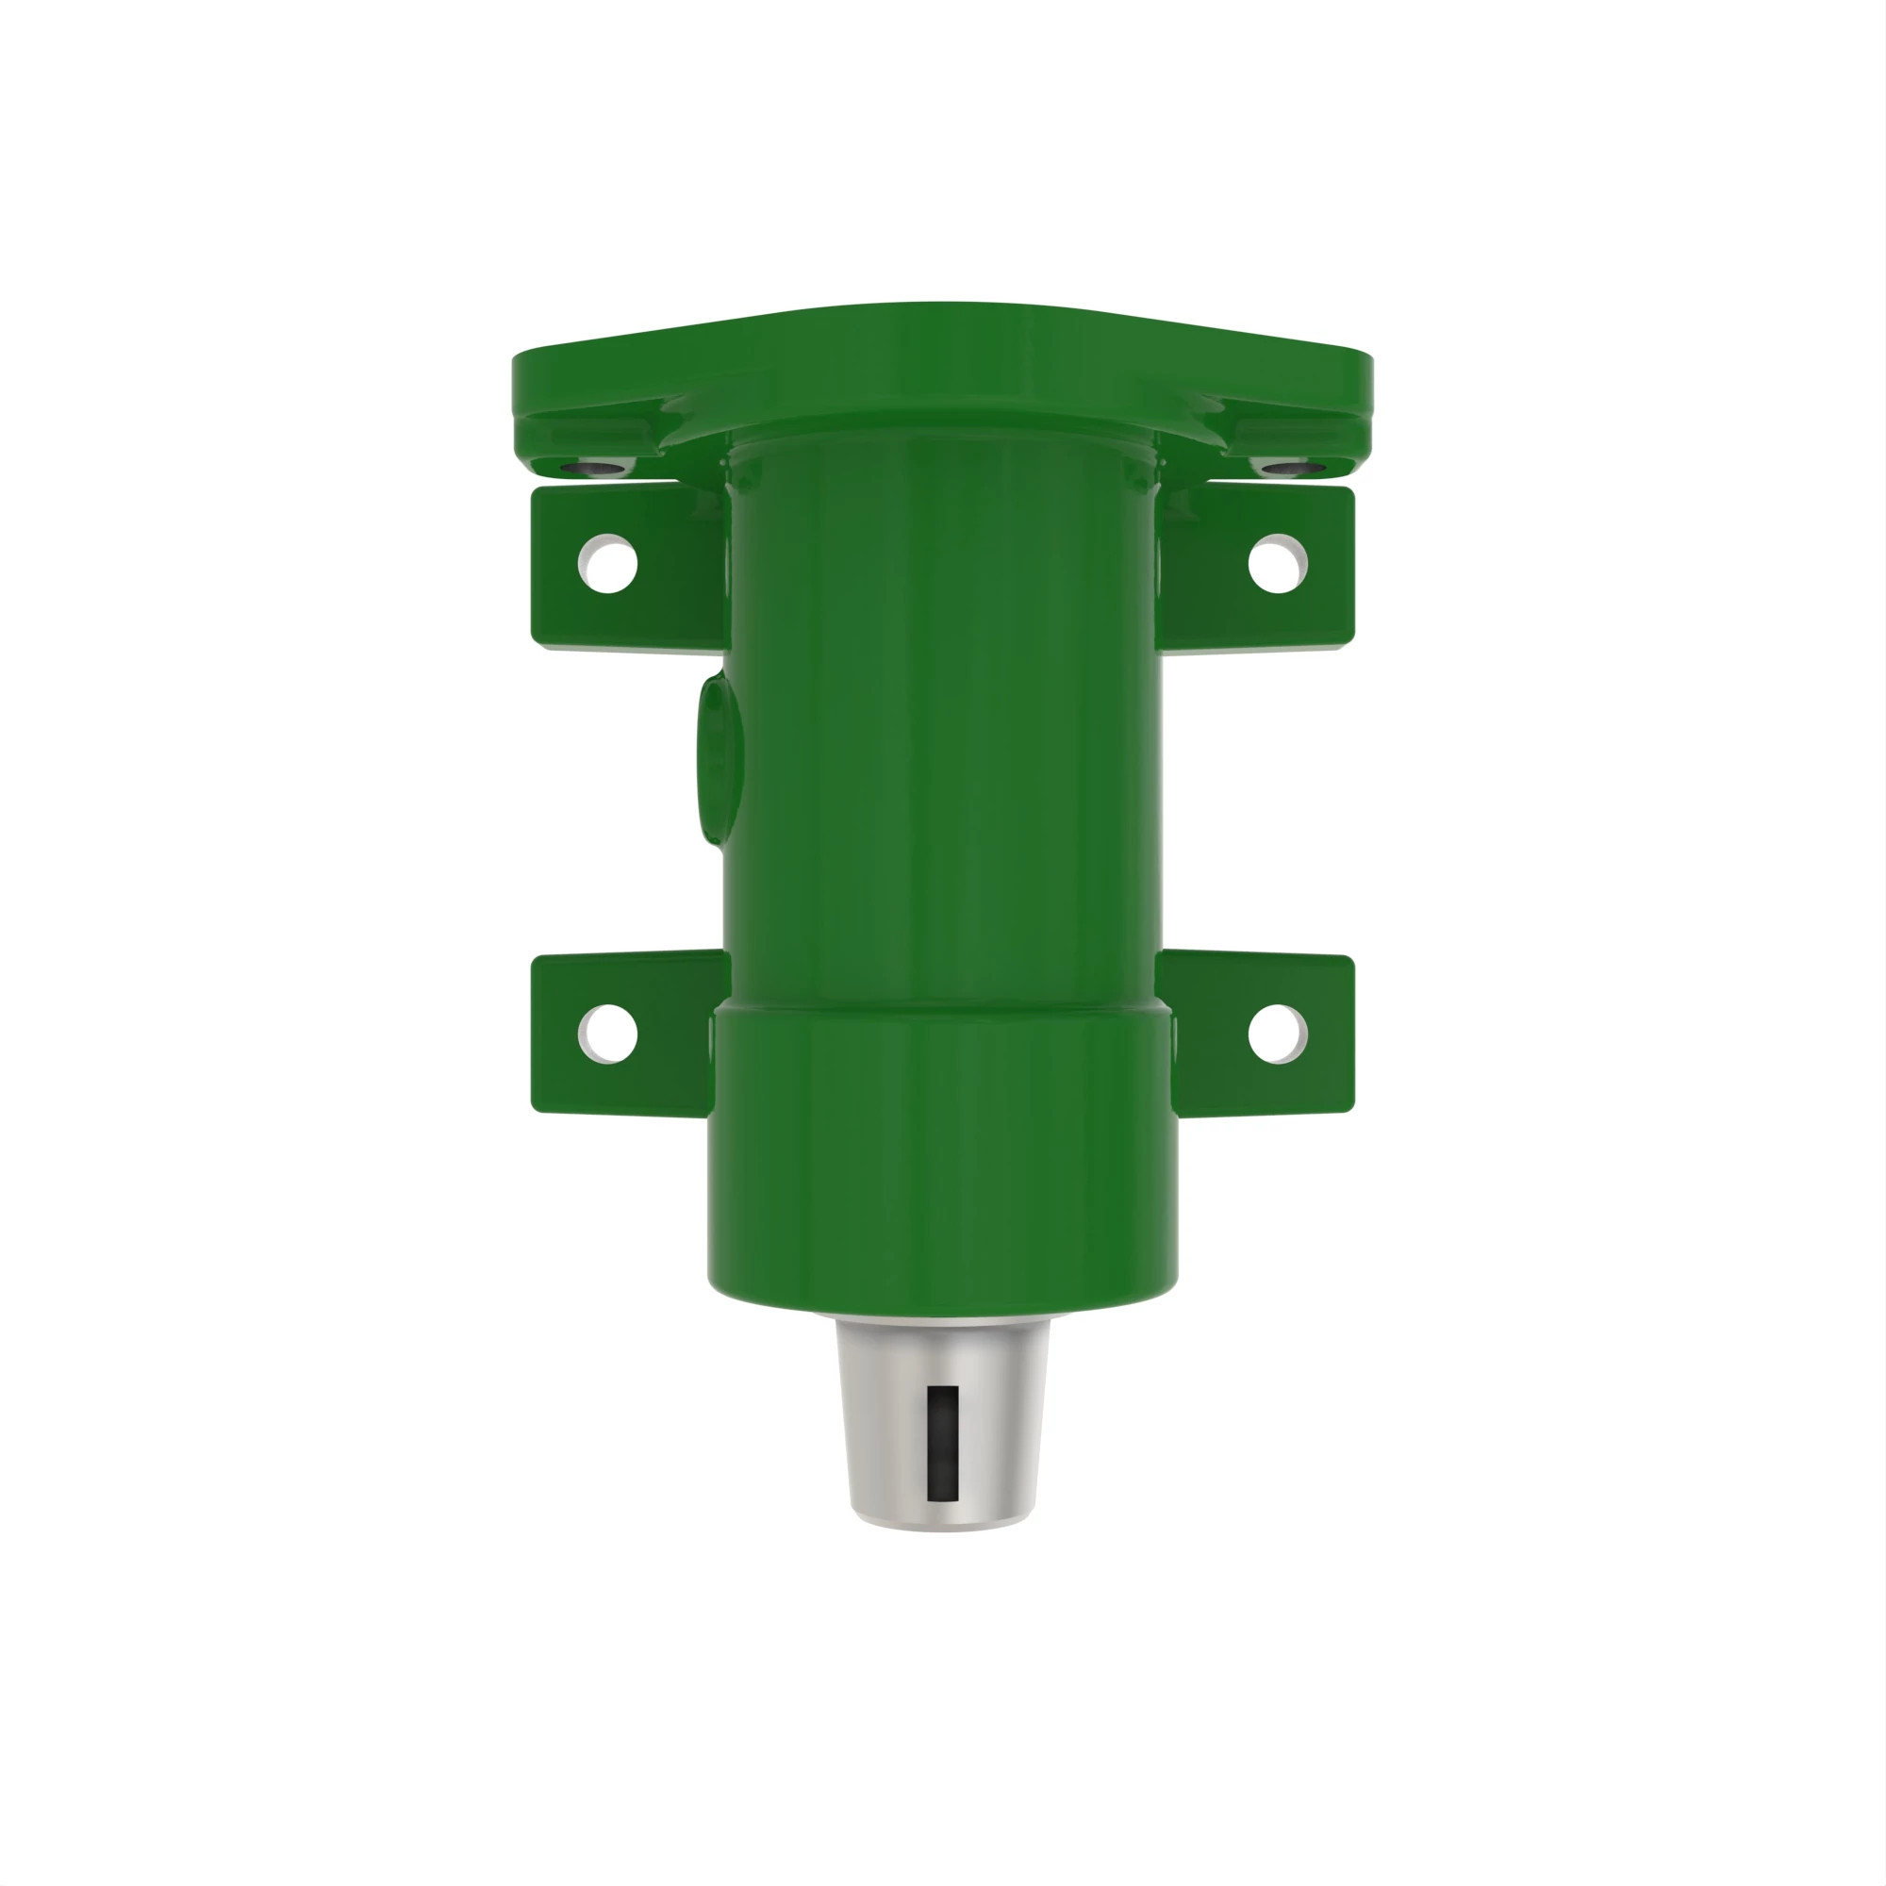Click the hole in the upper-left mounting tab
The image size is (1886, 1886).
608,564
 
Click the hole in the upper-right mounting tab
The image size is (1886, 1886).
1278,564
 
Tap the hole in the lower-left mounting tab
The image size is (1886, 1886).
608,1033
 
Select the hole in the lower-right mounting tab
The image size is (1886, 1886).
1278,1033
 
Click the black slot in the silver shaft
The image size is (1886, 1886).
942,1443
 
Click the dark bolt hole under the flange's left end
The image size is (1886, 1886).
598,468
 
